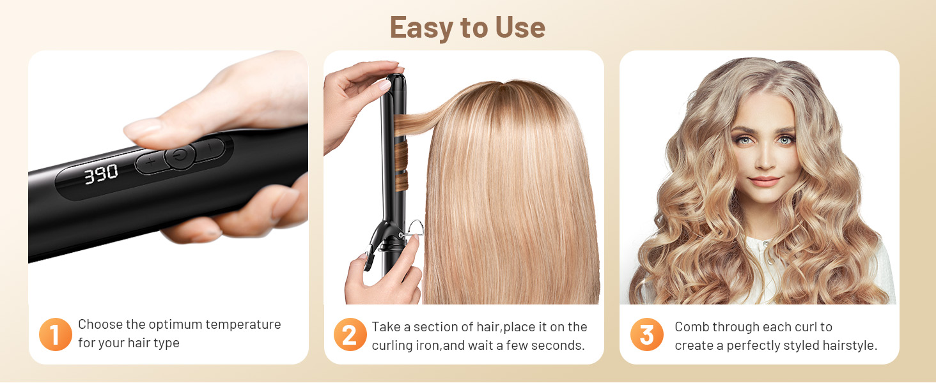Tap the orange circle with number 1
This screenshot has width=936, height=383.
[56, 334]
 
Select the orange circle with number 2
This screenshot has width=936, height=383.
[350, 334]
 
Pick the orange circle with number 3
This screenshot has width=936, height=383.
[646, 334]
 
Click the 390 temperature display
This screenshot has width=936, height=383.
[102, 173]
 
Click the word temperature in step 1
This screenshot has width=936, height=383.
[242, 324]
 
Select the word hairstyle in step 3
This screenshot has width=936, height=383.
[848, 345]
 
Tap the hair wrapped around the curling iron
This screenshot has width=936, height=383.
[401, 153]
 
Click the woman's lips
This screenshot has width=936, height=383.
[765, 181]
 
